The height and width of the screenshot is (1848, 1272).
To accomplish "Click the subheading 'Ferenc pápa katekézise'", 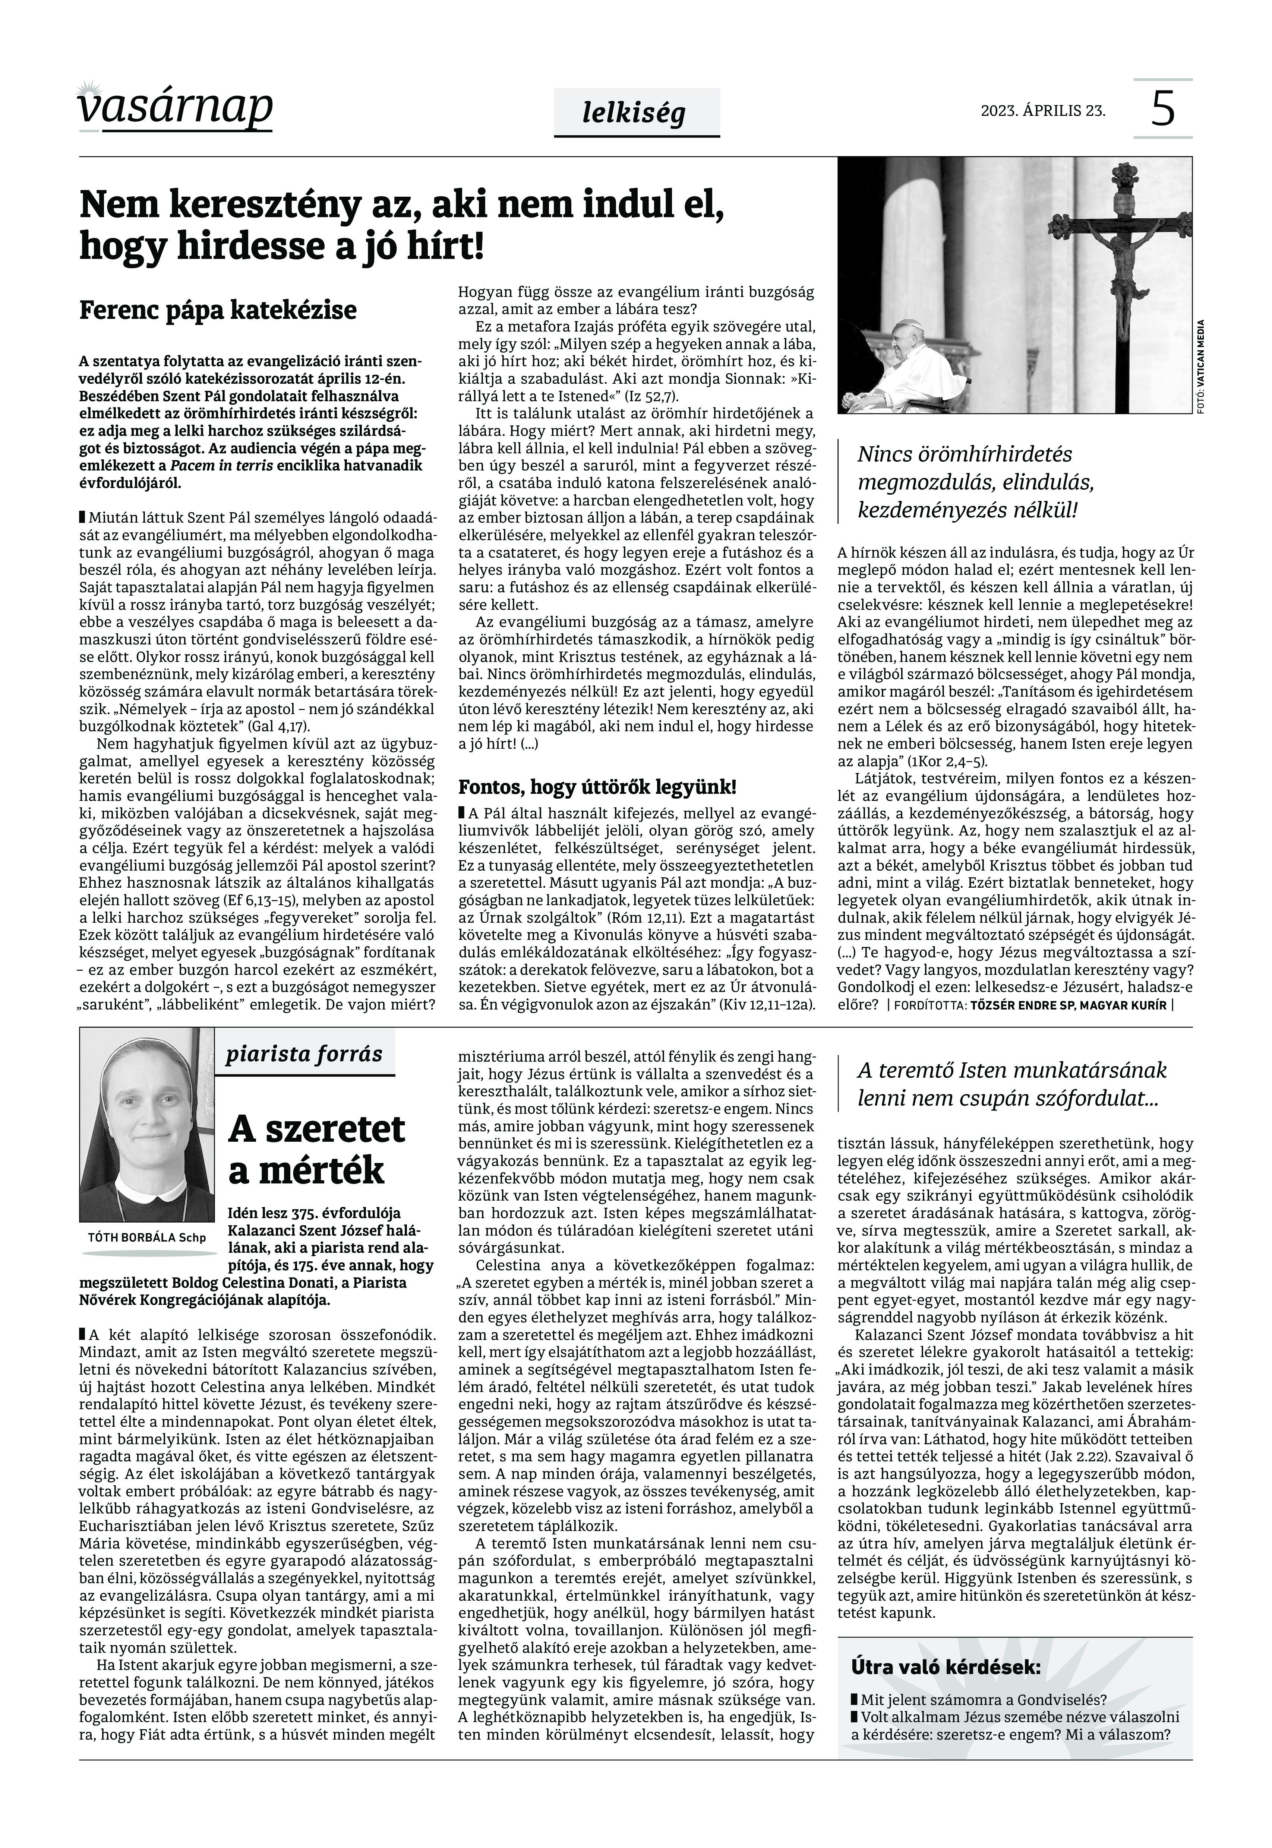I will pos(218,310).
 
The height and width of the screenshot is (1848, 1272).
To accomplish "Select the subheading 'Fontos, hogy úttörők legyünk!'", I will pos(597,788).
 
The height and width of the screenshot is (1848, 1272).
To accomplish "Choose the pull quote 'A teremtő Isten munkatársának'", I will pos(1011,1084).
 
